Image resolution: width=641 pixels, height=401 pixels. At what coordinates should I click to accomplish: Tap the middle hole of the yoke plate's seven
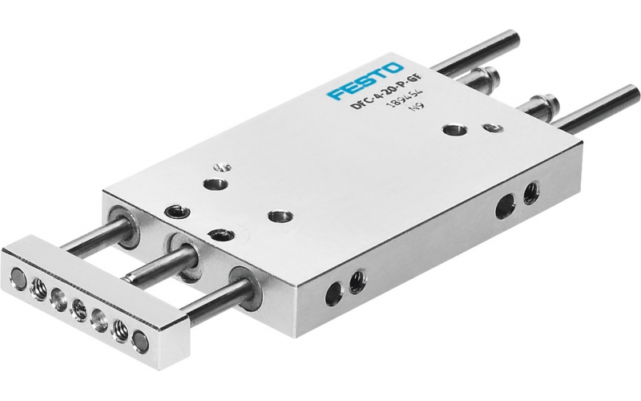79,309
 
